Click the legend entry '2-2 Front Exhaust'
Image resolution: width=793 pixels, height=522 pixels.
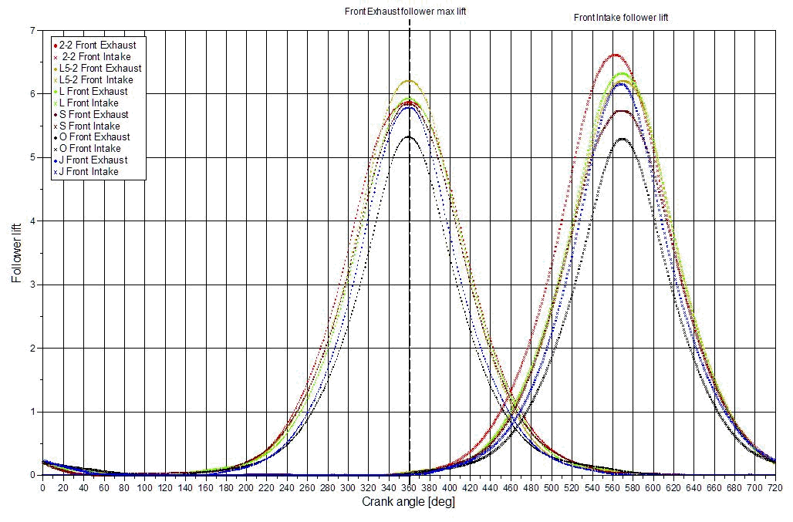(x=97, y=45)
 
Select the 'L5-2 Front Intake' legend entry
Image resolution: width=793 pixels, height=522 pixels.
(x=96, y=80)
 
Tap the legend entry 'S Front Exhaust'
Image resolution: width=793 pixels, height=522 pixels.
(x=94, y=115)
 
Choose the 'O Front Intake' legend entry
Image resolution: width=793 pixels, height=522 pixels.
(x=90, y=149)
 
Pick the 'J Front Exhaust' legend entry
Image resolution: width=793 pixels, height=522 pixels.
(x=93, y=160)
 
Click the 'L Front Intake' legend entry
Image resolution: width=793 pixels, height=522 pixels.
(x=89, y=103)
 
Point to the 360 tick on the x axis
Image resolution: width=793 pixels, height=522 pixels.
(x=409, y=487)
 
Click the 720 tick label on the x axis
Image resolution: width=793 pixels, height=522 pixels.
(x=775, y=487)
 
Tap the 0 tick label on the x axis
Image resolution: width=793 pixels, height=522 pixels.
(x=42, y=487)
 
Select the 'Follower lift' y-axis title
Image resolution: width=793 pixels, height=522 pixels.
(x=16, y=253)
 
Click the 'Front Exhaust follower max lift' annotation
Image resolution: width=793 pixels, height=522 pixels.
(x=405, y=12)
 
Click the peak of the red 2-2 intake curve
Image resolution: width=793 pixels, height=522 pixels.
(x=616, y=55)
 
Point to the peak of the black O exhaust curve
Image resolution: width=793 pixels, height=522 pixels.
(x=409, y=136)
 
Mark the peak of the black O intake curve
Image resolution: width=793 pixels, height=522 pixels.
(x=622, y=139)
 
